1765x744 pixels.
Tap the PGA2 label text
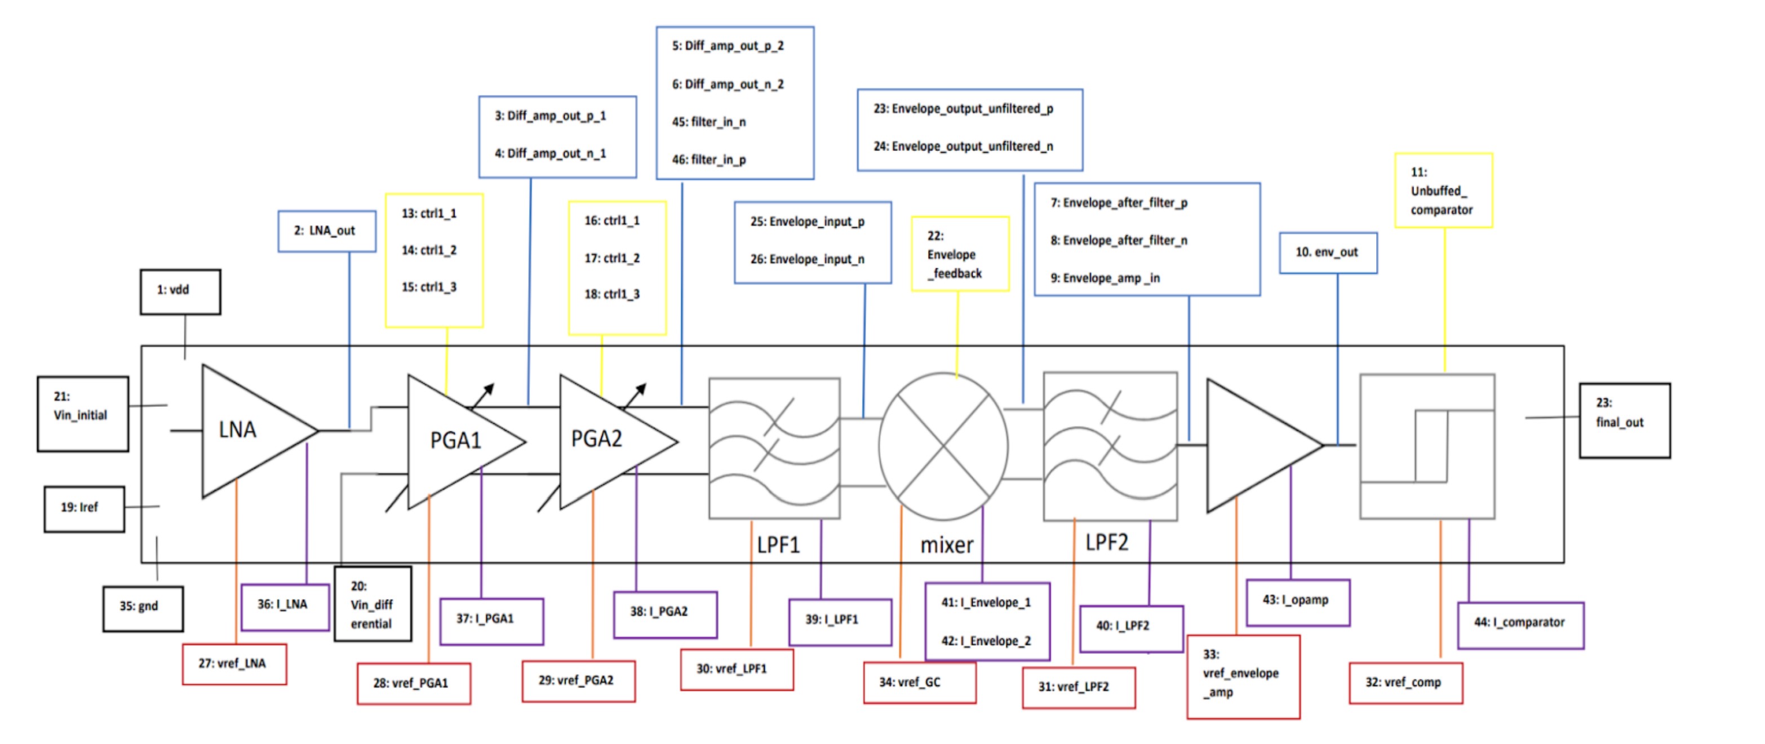tap(596, 439)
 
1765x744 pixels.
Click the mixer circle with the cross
tap(943, 446)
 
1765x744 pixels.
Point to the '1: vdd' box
tap(180, 291)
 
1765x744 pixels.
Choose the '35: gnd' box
tap(143, 608)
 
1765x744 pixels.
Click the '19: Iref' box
tap(83, 508)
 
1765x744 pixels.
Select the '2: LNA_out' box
tap(326, 231)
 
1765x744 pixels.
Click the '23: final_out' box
tap(1624, 420)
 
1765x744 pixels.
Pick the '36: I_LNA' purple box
tap(285, 605)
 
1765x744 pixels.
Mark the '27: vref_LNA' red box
tap(234, 664)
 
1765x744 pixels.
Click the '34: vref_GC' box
tap(919, 683)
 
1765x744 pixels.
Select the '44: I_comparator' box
tap(1520, 624)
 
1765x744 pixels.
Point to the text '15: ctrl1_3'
tap(429, 287)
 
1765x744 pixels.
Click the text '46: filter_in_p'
tap(708, 160)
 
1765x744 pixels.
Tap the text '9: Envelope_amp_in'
tap(1105, 278)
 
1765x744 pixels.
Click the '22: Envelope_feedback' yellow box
tap(959, 254)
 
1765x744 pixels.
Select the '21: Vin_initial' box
tap(83, 413)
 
